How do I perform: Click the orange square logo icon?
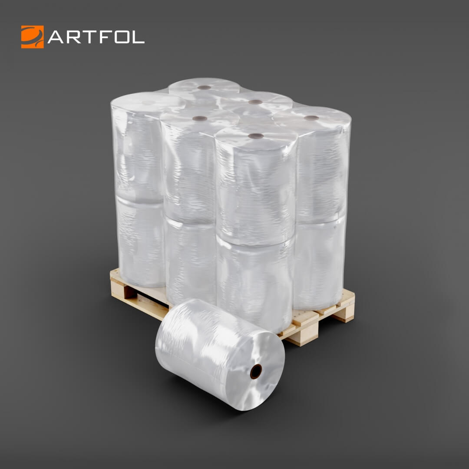(32, 37)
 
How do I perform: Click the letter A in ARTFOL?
(56, 37)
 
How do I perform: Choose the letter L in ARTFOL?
(138, 37)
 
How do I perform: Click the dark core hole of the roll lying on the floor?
(256, 371)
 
